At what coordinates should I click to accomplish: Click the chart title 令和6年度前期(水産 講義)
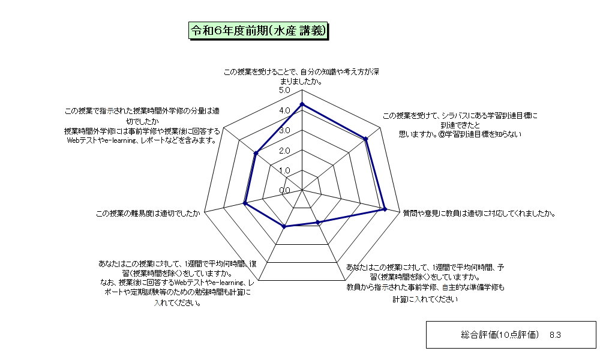coord(258,31)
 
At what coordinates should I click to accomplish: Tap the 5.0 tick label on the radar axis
coord(284,90)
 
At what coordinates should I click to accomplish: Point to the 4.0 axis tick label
coord(284,110)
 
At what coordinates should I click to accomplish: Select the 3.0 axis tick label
coord(284,130)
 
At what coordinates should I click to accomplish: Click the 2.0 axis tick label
coord(284,151)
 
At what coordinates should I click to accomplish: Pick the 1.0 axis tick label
coord(284,170)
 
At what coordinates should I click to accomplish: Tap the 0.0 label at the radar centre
coord(284,191)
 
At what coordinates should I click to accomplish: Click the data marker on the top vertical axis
coord(302,104)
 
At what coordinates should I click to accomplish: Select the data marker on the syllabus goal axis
coord(366,139)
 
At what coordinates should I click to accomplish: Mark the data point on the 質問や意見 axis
coord(385,209)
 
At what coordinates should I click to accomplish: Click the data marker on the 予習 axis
coord(317,222)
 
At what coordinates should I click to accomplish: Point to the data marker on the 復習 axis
coord(284,227)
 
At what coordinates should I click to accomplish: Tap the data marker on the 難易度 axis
coord(245,203)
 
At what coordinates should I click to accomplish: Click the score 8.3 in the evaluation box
coord(555,335)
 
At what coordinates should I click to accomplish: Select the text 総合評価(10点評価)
coord(500,335)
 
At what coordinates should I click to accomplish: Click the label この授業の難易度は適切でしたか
coord(148,214)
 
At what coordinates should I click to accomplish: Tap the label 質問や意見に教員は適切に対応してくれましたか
coord(479,214)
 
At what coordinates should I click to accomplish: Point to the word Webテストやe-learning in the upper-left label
coord(102,140)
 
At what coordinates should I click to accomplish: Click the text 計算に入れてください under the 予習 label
coord(425,299)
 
